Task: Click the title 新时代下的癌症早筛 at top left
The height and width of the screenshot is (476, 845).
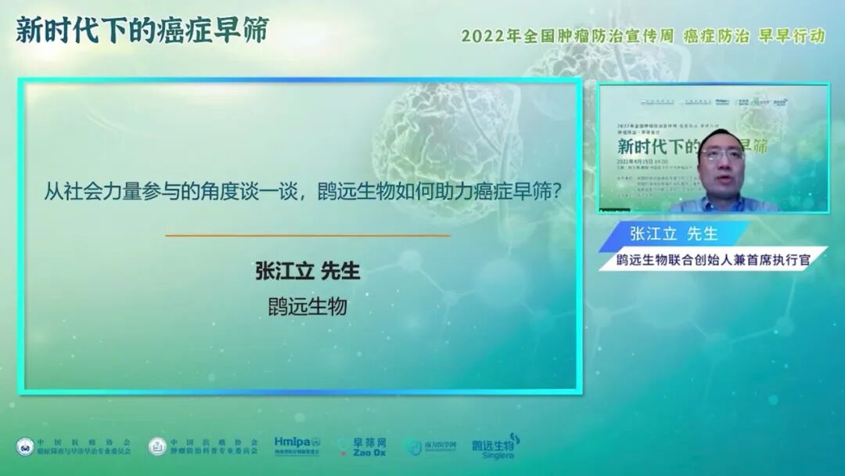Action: pos(142,31)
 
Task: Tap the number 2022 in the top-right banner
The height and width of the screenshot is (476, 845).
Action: pos(480,36)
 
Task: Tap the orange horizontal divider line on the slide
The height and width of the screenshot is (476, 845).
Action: pos(307,234)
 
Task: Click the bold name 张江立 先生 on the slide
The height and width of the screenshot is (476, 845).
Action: pos(307,271)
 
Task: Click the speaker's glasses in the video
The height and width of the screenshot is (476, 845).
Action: pos(721,155)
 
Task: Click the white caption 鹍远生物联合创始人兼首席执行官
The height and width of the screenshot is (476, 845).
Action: pos(713,259)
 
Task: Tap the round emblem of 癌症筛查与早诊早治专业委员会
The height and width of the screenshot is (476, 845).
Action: pos(25,446)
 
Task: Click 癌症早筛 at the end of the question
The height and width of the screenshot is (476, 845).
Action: pos(516,192)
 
